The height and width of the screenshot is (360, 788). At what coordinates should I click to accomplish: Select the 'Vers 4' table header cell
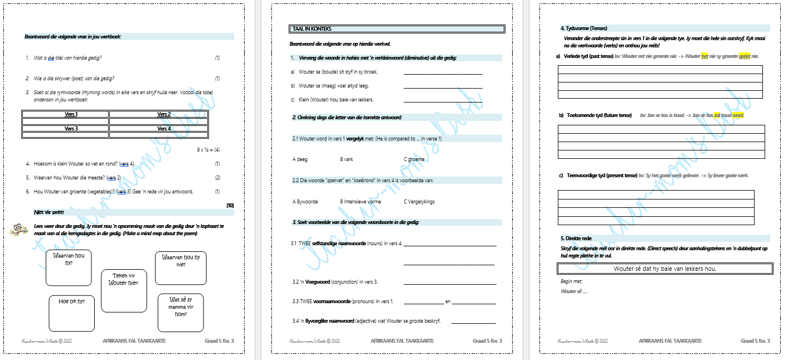point(164,128)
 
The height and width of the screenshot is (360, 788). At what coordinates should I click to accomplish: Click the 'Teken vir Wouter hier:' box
point(124,291)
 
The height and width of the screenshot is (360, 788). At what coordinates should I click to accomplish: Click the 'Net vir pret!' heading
point(50,212)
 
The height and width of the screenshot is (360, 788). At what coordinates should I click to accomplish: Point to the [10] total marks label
point(230,205)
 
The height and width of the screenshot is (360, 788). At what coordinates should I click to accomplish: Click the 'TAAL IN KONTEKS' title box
point(397,29)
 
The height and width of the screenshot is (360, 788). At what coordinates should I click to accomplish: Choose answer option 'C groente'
point(414,159)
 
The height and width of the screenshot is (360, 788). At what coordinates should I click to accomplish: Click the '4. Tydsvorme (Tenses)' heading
point(583,28)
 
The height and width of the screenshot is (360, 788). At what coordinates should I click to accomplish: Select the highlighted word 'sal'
point(717,115)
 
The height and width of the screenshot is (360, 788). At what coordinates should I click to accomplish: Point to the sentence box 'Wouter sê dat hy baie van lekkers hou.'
point(665,269)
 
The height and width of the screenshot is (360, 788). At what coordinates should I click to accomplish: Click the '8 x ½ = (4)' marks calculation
point(208,150)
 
